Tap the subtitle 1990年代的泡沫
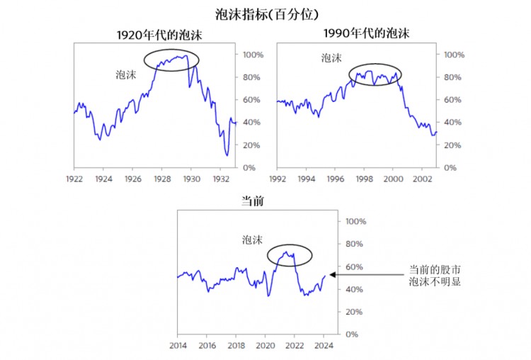pos(366,33)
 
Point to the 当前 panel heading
pos(253,202)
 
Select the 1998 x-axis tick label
pos(365,179)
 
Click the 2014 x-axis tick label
pos(177,346)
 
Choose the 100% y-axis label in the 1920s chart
pos(254,55)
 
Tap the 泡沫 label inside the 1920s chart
pos(126,74)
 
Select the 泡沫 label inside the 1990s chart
pos(331,59)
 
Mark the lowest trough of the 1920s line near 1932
pos(227,155)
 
